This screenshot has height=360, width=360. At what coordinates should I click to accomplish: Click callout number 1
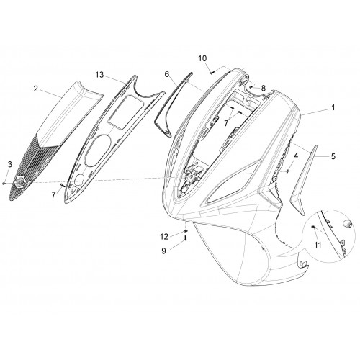coord(333,108)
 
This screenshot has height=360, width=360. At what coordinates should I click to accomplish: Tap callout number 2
coord(36,89)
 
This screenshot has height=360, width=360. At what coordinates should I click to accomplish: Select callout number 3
coord(9,164)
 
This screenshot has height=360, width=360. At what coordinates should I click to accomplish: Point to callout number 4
coord(296,156)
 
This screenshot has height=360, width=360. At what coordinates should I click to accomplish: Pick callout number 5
coord(333,156)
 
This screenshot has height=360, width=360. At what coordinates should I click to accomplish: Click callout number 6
coord(167,74)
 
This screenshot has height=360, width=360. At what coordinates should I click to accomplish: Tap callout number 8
coord(264,89)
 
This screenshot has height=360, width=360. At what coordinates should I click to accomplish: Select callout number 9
coord(163,251)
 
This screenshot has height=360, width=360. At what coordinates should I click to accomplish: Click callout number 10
coord(202,58)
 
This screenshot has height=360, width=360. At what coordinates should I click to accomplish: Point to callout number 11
coord(318,245)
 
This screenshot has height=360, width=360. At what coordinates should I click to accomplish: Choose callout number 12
coord(164,237)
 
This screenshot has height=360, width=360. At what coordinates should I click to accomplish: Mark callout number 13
coord(99,75)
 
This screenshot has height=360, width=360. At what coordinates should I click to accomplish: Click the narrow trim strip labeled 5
coord(304,180)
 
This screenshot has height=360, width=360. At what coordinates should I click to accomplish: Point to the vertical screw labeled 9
coord(186,238)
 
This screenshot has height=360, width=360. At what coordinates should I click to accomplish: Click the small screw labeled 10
coord(212,72)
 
